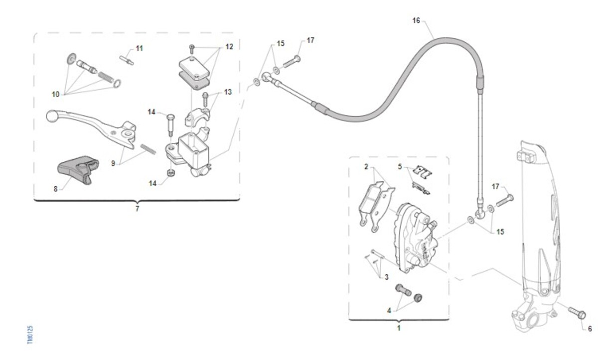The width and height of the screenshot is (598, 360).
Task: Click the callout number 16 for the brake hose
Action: click(417, 20)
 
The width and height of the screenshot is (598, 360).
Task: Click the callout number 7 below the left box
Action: click(138, 209)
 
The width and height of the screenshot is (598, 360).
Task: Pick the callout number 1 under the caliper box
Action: click(399, 328)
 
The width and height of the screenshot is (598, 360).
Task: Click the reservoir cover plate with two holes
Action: click(191, 65)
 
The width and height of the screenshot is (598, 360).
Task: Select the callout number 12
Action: click(229, 47)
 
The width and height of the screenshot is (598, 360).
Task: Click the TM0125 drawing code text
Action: click(30, 335)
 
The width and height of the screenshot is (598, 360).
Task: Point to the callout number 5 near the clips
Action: click(400, 166)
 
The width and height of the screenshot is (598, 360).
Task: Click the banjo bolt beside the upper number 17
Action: click(292, 62)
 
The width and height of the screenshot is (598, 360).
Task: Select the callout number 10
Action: click(55, 94)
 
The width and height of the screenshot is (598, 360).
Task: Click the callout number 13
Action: click(228, 92)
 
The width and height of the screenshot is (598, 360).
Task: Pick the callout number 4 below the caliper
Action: click(389, 310)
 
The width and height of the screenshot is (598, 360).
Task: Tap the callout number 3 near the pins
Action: click(386, 277)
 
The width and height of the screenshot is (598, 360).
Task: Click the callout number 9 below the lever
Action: click(113, 163)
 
